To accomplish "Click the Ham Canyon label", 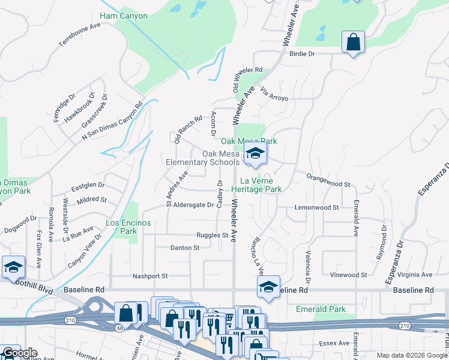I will [123, 16].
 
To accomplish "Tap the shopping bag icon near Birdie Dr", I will [353, 43].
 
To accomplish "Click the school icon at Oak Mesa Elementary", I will [255, 155].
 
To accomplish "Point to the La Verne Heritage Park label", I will [261, 184].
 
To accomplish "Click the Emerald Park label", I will [321, 309].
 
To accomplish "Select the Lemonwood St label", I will [317, 208].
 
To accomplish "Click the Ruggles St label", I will [212, 236].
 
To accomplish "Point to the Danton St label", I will [184, 247].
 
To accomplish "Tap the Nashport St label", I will [150, 276].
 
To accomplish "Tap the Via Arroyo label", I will [274, 94].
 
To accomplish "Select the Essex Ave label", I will [334, 343].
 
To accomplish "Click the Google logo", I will [20, 353].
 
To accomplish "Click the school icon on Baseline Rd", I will [268, 287].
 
